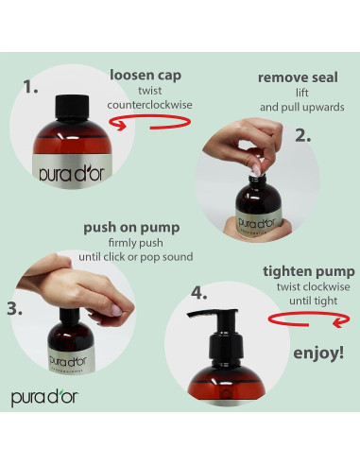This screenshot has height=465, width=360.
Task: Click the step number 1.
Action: (30, 87)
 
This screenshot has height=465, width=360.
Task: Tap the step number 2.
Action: (302, 135)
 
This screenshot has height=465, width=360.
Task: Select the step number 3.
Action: (14, 308)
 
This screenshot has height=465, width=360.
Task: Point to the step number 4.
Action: (199, 293)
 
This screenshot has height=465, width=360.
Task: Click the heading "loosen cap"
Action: (146, 76)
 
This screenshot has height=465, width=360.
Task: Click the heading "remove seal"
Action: (298, 77)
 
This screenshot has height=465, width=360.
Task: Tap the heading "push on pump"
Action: (131, 228)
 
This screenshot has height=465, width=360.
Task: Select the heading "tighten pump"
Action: (309, 271)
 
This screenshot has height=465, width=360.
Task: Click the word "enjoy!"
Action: (318, 353)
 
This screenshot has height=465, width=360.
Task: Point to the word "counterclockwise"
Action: (149, 105)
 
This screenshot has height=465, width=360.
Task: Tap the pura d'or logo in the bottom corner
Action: (44, 398)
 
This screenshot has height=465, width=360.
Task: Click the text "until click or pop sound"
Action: (136, 257)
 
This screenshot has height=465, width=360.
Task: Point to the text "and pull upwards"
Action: (302, 108)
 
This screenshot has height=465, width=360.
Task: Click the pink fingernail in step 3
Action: (116, 311)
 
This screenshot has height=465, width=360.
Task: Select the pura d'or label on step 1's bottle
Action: (72, 173)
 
